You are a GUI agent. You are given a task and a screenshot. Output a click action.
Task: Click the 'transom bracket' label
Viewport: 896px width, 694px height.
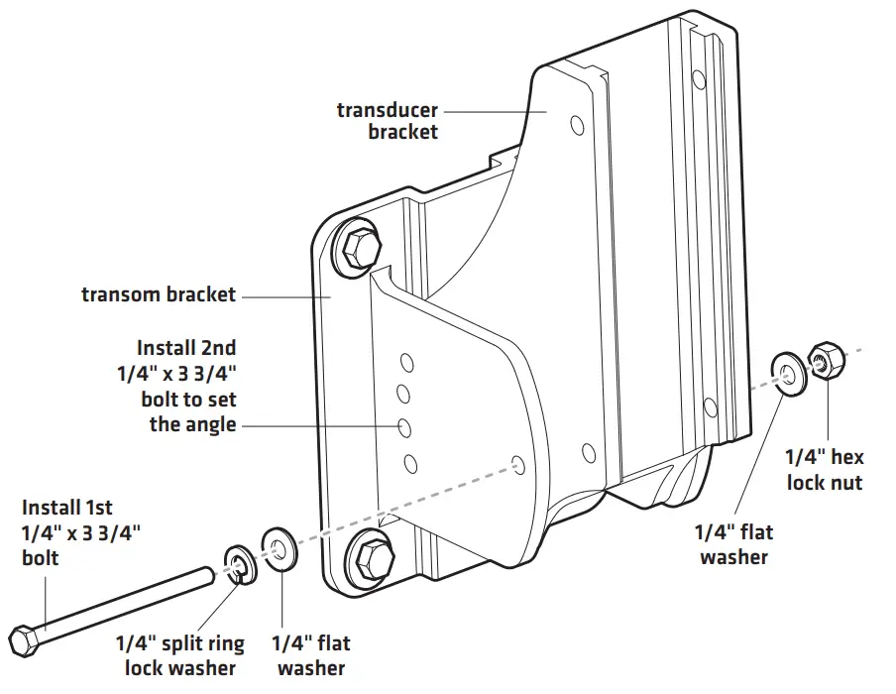(159, 294)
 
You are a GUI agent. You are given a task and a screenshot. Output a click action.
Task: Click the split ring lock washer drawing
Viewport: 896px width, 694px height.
(237, 564)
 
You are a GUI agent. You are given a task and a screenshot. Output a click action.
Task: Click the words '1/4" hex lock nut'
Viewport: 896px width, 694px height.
(824, 469)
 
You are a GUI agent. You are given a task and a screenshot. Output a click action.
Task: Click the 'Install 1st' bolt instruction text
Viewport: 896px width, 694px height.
(81, 531)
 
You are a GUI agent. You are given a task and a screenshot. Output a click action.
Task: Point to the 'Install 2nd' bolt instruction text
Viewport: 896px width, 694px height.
(186, 387)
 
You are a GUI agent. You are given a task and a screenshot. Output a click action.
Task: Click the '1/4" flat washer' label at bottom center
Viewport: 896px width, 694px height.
(311, 655)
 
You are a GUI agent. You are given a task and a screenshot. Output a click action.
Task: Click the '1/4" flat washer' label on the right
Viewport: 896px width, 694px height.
(734, 544)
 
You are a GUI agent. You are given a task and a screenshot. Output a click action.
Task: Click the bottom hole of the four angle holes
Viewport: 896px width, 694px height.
(407, 461)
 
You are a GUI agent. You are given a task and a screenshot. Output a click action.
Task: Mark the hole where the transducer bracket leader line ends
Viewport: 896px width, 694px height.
(576, 127)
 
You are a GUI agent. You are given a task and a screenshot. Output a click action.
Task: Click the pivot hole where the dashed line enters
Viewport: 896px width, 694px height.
(517, 464)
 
